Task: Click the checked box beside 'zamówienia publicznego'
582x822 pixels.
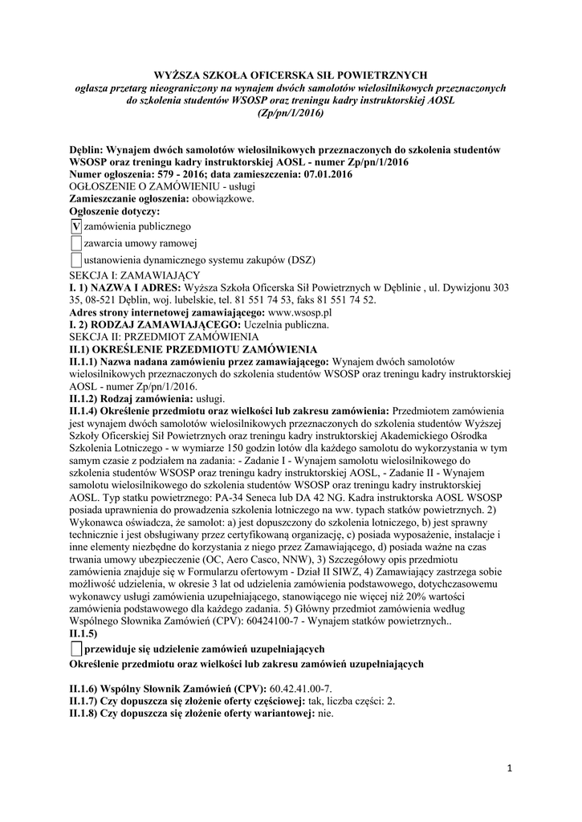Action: (76, 227)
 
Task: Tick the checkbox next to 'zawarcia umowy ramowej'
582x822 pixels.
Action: (76, 244)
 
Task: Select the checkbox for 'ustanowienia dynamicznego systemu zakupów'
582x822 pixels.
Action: (76, 260)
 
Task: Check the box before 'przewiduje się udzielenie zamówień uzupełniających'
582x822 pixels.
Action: (76, 648)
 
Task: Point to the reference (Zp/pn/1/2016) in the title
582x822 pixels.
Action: (291, 114)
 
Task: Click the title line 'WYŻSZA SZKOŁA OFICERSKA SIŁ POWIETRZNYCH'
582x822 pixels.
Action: (291, 75)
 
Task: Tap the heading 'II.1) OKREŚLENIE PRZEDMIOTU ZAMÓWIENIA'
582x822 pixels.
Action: (193, 349)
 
